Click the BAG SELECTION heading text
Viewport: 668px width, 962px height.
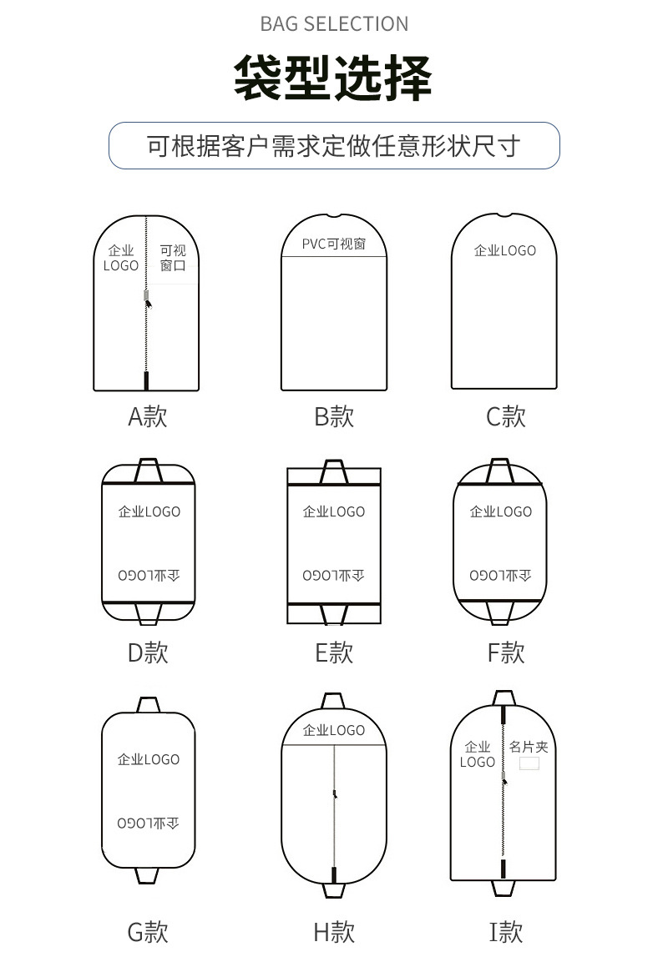click(334, 24)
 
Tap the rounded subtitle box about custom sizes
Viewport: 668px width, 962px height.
click(334, 146)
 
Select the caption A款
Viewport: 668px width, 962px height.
click(148, 416)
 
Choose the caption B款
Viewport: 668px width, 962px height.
click(334, 416)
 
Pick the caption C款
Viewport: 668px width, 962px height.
click(506, 416)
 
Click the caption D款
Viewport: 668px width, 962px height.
click(148, 652)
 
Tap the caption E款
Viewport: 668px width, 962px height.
click(334, 652)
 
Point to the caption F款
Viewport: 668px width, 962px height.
click(506, 652)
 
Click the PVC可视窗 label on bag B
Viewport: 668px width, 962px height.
click(334, 244)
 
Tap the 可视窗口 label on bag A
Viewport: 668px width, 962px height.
click(173, 258)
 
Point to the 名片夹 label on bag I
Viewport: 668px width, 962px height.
click(529, 747)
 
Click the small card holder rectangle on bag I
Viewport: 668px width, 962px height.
click(529, 763)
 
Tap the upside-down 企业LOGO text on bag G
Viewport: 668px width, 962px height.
click(148, 823)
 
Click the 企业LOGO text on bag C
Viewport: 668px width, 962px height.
click(505, 250)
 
